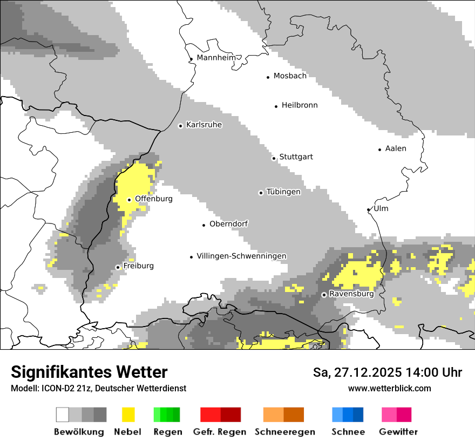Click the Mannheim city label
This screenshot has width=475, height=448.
click(x=216, y=58)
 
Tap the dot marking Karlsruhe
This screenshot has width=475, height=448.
click(x=181, y=126)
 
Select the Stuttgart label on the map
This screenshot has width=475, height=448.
click(x=296, y=157)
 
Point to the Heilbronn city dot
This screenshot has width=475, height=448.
click(x=276, y=106)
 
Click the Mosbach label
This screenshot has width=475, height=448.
click(x=290, y=76)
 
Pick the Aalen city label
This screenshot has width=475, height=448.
click(x=396, y=148)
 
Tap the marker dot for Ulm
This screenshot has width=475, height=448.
click(x=369, y=209)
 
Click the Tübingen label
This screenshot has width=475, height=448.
click(x=283, y=192)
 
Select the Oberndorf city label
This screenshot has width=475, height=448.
click(x=228, y=224)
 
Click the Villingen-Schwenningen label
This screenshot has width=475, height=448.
click(x=241, y=256)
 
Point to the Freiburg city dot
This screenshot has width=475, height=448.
click(x=118, y=267)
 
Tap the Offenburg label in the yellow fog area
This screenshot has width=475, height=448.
click(x=153, y=199)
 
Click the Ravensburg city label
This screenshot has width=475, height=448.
click(x=351, y=294)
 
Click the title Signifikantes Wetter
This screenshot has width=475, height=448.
click(x=89, y=372)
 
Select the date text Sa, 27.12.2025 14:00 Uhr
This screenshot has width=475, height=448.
click(x=387, y=372)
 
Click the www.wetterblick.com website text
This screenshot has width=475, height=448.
click(x=389, y=388)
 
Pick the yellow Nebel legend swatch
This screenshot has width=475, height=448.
click(x=128, y=415)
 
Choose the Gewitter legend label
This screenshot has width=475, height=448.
click(x=398, y=432)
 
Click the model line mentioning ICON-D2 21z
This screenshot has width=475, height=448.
click(x=98, y=388)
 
